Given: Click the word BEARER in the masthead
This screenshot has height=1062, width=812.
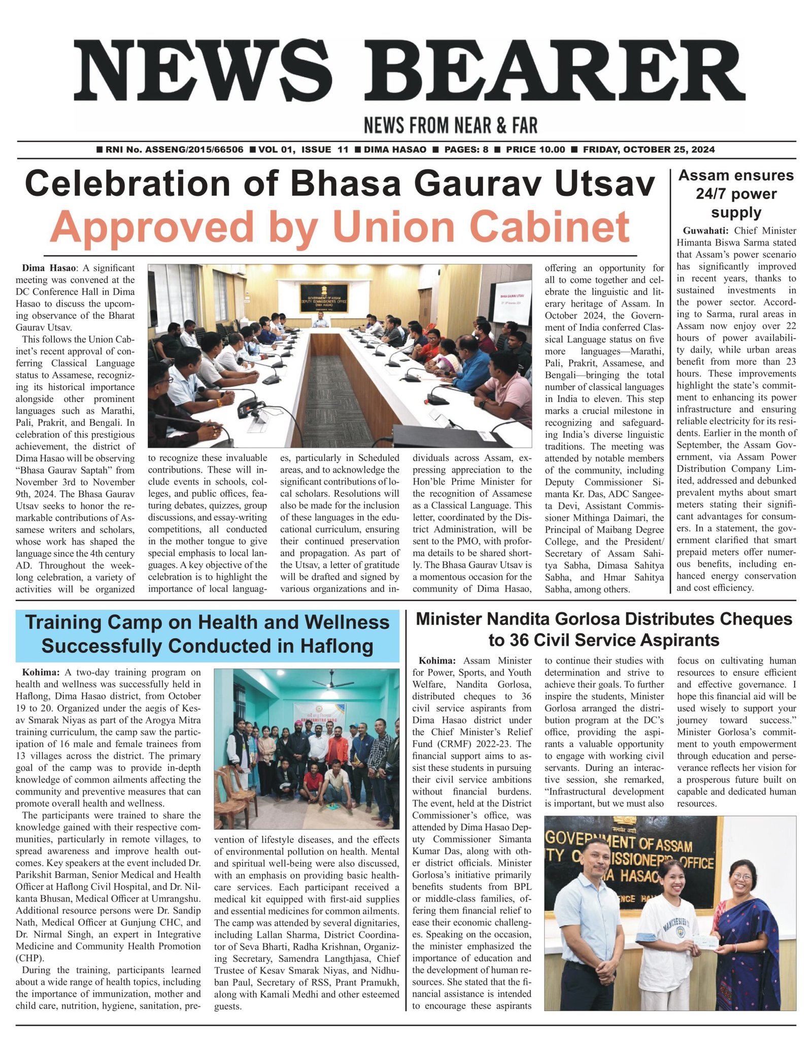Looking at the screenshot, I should coord(561,71).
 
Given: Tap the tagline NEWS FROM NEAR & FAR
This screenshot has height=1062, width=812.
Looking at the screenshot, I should coord(450,125).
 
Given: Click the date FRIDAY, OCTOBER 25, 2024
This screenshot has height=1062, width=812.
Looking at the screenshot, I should coord(649,150).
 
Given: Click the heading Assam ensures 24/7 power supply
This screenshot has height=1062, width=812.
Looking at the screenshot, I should coord(736,193).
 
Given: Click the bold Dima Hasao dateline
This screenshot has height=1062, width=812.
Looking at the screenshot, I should coord(49,268).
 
